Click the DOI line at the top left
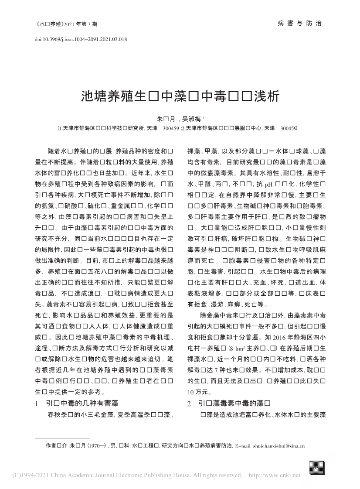[80, 39]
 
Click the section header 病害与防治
[299, 23]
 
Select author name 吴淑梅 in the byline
[191, 118]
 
